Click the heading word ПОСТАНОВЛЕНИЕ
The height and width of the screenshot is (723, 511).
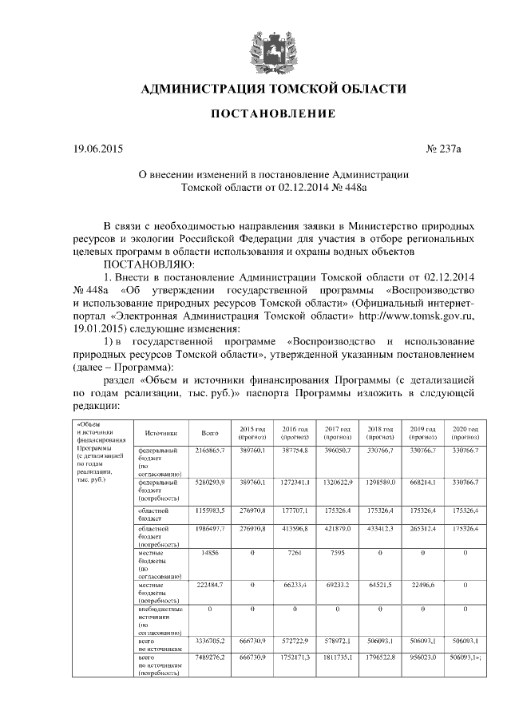pyautogui.click(x=273, y=114)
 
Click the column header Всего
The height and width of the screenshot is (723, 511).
pyautogui.click(x=210, y=432)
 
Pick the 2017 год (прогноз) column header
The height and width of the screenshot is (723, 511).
pyautogui.click(x=337, y=432)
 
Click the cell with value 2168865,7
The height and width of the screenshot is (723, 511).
pyautogui.click(x=210, y=451)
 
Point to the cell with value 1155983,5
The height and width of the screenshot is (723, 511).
pyautogui.click(x=210, y=509)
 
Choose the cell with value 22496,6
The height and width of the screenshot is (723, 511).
pyautogui.click(x=422, y=586)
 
